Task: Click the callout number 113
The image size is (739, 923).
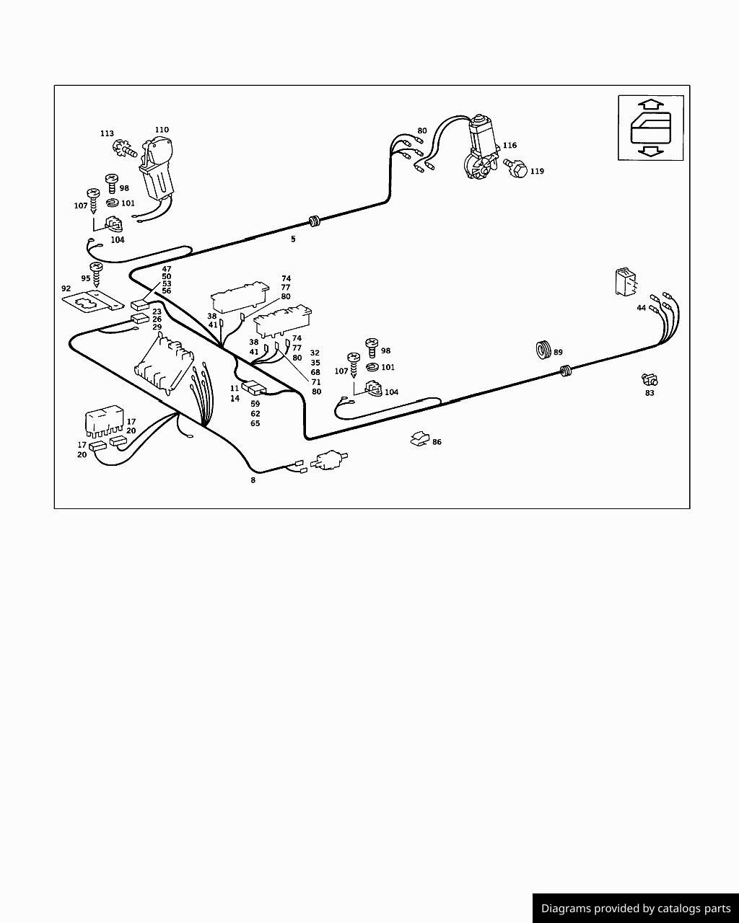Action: (x=107, y=133)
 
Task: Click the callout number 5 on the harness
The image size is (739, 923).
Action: (x=293, y=239)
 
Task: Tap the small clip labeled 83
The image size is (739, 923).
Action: (x=650, y=379)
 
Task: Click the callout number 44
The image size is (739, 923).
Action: (x=641, y=308)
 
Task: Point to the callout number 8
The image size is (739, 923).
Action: (x=253, y=480)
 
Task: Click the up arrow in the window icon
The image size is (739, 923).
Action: (x=651, y=104)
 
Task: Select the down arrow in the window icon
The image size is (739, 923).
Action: (x=651, y=150)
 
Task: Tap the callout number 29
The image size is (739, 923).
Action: (x=157, y=327)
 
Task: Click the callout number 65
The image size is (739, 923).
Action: (x=255, y=423)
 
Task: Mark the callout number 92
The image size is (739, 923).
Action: (x=66, y=288)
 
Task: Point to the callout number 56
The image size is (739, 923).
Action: (x=167, y=291)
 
